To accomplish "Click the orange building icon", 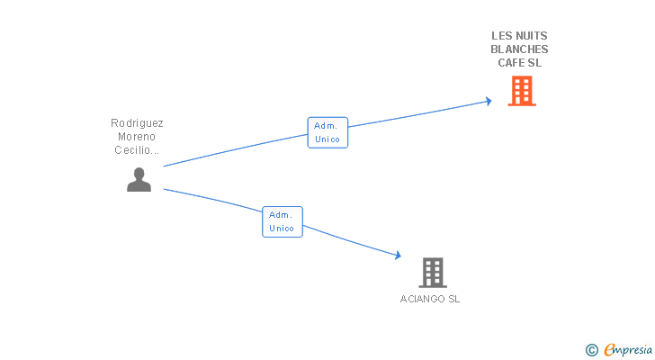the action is point(522,91).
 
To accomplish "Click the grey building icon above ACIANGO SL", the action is point(433,272).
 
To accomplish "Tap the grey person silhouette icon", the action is point(139,180).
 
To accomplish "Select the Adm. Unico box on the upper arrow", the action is point(327,132).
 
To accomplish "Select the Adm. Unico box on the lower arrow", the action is point(282,221).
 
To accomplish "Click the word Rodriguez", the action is point(137,123).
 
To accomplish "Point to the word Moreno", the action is point(137,137).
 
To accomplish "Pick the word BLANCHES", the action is point(519,49).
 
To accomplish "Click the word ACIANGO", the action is point(421,299).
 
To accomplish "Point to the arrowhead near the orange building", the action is point(489,101).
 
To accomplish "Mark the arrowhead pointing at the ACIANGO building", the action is point(397,256).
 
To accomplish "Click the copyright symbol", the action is point(591,350).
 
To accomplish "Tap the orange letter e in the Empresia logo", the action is point(609,350).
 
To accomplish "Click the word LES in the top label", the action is point(500,36).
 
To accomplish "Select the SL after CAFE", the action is point(534,63).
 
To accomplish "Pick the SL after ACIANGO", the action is point(453,299).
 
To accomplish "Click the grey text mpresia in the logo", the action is point(633,350).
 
